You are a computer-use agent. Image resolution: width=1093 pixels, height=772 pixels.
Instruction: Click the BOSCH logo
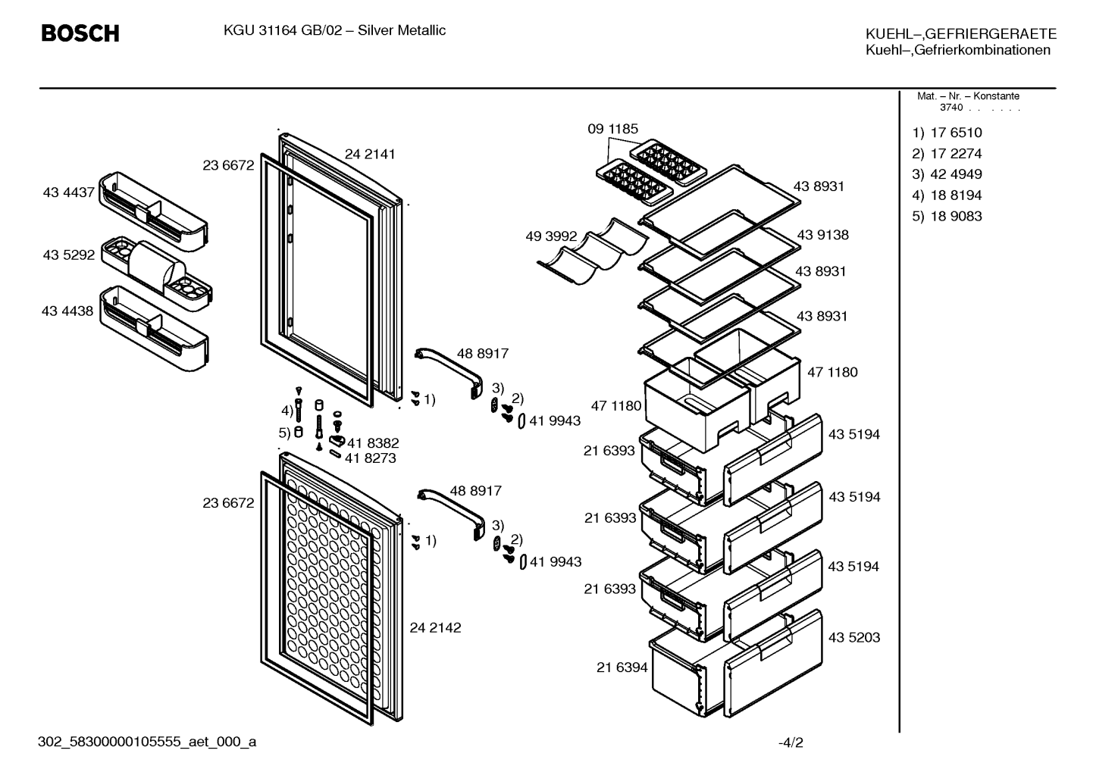(x=80, y=33)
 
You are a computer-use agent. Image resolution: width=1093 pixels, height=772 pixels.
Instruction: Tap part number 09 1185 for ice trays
(x=612, y=129)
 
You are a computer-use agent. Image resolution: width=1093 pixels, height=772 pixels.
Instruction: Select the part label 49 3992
(x=551, y=236)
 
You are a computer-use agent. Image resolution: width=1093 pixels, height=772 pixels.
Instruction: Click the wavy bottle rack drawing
(x=593, y=252)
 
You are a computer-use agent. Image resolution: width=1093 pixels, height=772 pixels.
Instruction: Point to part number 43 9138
(x=822, y=235)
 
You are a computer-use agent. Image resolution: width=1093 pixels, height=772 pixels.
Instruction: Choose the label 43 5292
(x=68, y=255)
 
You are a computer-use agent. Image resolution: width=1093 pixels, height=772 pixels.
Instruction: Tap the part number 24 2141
(x=370, y=154)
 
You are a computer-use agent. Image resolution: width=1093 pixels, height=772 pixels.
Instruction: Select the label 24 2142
(x=435, y=627)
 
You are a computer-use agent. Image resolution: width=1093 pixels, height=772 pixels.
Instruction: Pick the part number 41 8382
(x=373, y=442)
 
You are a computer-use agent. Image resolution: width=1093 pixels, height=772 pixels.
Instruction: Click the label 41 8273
(x=371, y=458)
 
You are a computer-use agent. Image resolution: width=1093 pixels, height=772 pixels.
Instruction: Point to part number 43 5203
(x=854, y=637)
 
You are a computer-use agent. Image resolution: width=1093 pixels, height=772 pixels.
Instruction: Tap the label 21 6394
(x=622, y=667)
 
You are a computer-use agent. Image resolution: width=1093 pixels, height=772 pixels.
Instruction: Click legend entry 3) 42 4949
(x=947, y=174)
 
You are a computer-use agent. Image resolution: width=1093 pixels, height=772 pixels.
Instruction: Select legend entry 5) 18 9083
(x=947, y=216)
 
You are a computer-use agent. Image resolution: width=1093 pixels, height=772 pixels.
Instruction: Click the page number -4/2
(x=791, y=742)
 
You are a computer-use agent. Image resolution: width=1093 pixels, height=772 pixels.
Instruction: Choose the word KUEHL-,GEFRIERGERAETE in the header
(x=961, y=33)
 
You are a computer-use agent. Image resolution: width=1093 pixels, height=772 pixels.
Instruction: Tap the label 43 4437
(x=68, y=192)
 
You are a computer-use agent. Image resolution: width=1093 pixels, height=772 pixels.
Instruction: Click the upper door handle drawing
(x=449, y=373)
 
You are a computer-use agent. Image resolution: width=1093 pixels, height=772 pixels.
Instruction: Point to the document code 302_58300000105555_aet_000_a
(x=147, y=742)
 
